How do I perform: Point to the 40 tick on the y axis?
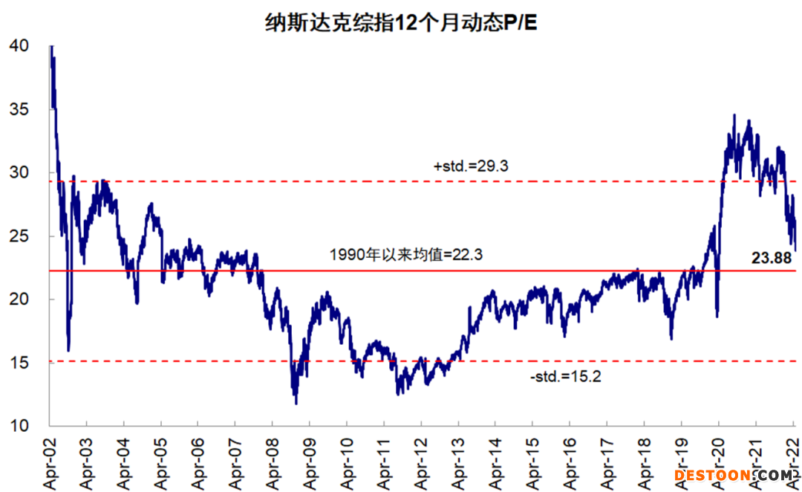point(20,46)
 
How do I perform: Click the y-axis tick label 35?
point(20,109)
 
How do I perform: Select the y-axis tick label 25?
point(20,236)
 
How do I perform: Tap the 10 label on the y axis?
point(20,427)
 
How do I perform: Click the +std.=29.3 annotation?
point(470,167)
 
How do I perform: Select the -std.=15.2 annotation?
point(565,377)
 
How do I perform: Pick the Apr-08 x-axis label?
point(273,461)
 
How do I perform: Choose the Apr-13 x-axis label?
point(458,461)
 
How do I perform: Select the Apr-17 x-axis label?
point(607,461)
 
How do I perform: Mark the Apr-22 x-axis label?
point(792,461)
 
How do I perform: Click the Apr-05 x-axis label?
point(161,461)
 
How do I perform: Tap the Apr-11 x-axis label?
point(384,461)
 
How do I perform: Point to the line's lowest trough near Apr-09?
point(296,403)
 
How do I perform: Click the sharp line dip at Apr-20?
point(717,316)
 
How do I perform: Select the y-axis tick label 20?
point(20,300)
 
